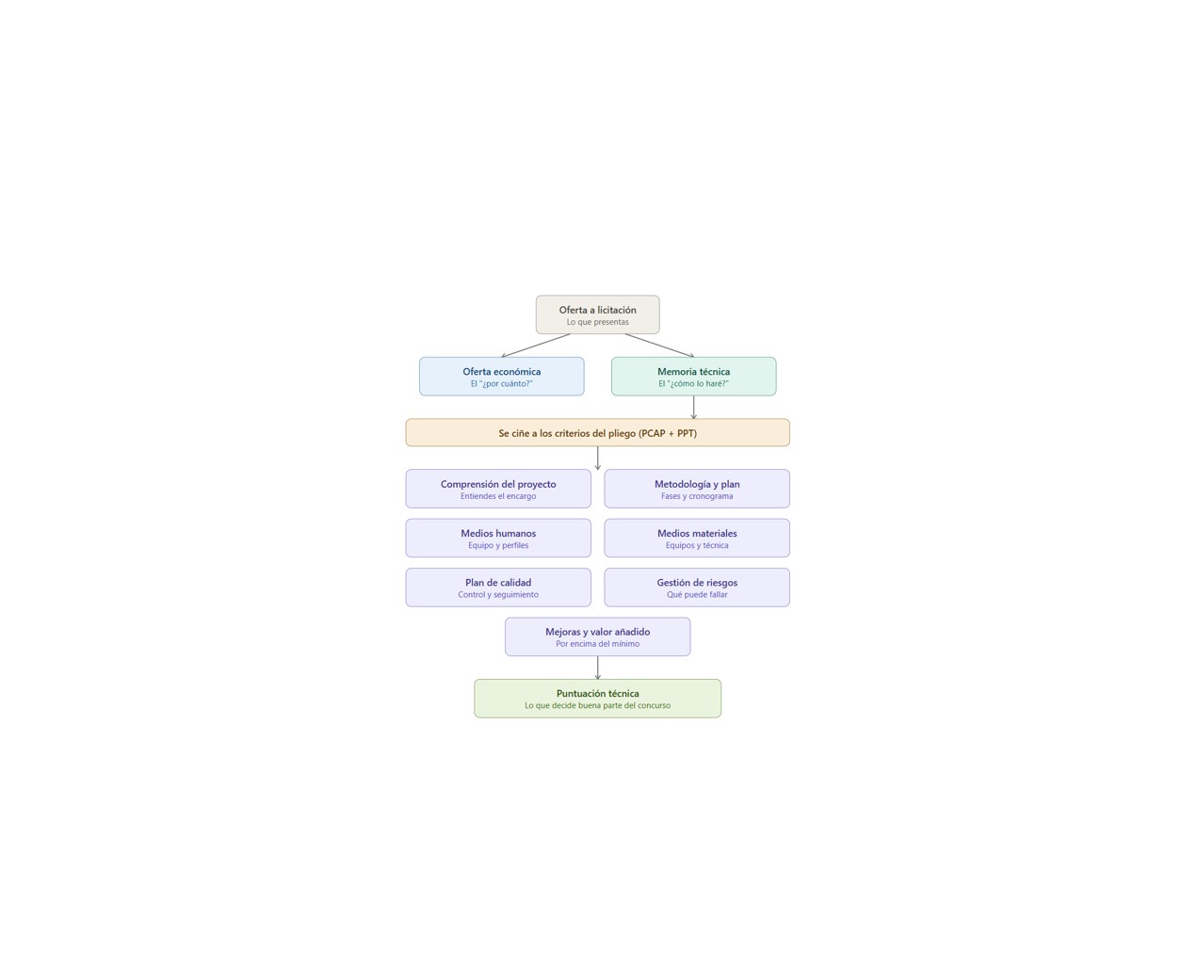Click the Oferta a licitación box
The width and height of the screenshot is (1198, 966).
click(x=597, y=314)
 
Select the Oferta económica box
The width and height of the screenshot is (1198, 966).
click(x=502, y=377)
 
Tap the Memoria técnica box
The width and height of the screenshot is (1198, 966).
click(x=693, y=377)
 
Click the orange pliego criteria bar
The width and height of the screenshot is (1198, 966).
click(x=597, y=432)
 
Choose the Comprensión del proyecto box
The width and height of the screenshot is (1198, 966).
click(x=498, y=489)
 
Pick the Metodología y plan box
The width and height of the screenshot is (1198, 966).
click(x=697, y=489)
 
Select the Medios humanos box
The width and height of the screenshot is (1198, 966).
click(x=498, y=539)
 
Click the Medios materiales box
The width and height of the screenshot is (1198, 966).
click(x=697, y=539)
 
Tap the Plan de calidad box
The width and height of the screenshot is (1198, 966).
click(x=498, y=588)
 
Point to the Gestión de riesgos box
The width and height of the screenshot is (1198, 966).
click(x=697, y=588)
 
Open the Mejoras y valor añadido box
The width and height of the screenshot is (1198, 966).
click(x=597, y=636)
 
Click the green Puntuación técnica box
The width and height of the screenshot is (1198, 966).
click(x=597, y=699)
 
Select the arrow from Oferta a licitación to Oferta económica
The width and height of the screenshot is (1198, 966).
click(x=536, y=346)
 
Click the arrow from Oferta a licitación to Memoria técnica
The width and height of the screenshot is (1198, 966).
click(x=659, y=346)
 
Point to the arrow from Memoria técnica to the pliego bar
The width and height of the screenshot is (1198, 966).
click(x=693, y=408)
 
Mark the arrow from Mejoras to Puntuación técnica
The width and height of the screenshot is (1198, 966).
click(x=597, y=668)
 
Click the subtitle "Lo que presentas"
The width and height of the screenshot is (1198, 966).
click(x=597, y=322)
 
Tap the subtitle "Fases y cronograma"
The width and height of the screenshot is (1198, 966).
click(x=697, y=496)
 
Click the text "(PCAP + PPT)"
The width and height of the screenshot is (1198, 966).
click(x=668, y=433)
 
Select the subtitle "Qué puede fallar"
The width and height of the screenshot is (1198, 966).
click(x=697, y=594)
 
